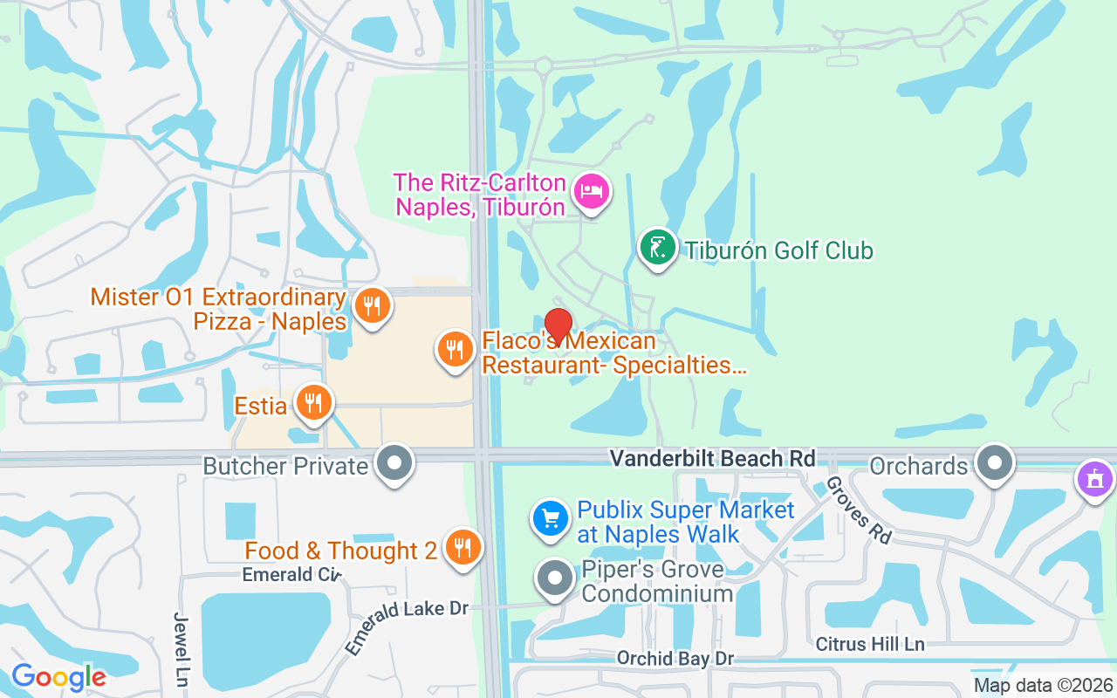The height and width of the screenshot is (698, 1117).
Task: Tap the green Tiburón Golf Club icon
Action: (658, 248)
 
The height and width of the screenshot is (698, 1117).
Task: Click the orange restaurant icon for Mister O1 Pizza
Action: (373, 306)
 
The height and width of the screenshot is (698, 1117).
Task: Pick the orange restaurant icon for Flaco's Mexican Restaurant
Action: (455, 350)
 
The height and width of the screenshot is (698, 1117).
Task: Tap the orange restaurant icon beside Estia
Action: (313, 403)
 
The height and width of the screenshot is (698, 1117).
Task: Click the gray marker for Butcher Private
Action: (394, 462)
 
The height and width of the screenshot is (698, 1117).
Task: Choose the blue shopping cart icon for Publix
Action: (552, 520)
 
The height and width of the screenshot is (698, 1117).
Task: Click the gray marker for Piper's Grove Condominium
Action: (555, 578)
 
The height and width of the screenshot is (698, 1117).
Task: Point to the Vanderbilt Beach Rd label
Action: (712, 458)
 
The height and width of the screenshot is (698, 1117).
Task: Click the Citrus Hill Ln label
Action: (869, 644)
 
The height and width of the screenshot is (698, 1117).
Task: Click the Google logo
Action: (58, 677)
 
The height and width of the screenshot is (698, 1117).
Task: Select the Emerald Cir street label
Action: (291, 574)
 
